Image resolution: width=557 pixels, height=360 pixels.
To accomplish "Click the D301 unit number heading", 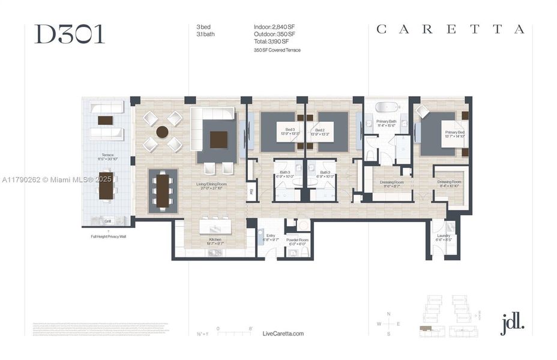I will click(69, 34).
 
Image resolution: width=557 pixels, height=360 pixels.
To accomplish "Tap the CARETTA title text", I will click(450, 29).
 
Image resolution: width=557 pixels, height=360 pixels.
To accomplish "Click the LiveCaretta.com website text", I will click(283, 334).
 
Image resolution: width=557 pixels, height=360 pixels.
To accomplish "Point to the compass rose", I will click(388, 323).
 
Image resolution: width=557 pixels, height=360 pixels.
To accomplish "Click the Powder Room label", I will click(297, 241).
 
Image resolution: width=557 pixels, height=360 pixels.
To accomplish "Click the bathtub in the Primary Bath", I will click(388, 108).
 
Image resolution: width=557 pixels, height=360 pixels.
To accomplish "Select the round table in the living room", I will click(162, 131).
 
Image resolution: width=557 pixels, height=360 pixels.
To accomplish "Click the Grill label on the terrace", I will click(107, 221).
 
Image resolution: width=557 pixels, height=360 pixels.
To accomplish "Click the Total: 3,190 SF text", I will click(273, 41).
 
